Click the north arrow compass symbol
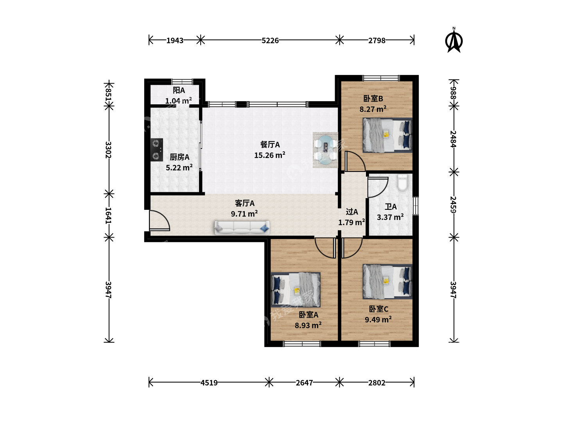(454, 41)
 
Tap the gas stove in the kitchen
(156, 150)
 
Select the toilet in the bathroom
(402, 183)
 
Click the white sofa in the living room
(242, 227)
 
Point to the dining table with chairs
(325, 150)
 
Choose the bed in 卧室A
(296, 290)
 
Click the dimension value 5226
(270, 41)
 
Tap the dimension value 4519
(209, 383)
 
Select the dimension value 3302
(109, 150)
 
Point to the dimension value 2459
(454, 204)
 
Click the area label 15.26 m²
(269, 155)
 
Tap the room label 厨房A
(179, 157)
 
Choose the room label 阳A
(179, 90)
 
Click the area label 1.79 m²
(351, 222)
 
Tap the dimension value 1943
(175, 41)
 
